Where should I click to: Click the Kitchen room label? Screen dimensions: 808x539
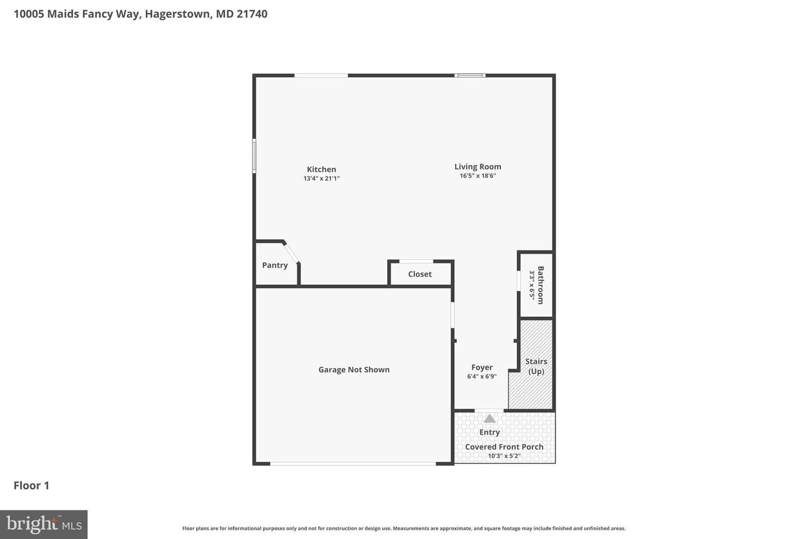321,170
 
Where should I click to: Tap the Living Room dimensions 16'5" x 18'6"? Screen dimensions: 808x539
478,176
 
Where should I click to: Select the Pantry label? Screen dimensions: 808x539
275,266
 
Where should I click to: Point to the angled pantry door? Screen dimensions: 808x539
291,253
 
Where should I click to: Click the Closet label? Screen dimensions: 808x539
420,274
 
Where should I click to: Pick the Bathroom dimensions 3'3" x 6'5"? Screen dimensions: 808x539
532,285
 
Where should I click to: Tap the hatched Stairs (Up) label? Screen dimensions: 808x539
536,367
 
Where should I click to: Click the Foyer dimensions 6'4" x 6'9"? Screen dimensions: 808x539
481,376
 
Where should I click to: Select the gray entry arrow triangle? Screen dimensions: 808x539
489,418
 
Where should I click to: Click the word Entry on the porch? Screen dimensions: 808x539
489,432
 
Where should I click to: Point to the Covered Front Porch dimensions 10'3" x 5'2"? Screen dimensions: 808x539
504,456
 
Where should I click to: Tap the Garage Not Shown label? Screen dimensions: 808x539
354,369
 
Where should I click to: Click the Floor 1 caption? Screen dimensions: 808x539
31,486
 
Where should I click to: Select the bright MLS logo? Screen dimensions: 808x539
44,524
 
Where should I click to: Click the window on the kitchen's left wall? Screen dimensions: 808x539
254,156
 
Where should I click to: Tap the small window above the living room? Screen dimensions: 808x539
470,75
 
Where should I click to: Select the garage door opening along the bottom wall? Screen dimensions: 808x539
353,464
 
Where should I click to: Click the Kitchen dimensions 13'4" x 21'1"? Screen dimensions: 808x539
321,179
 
